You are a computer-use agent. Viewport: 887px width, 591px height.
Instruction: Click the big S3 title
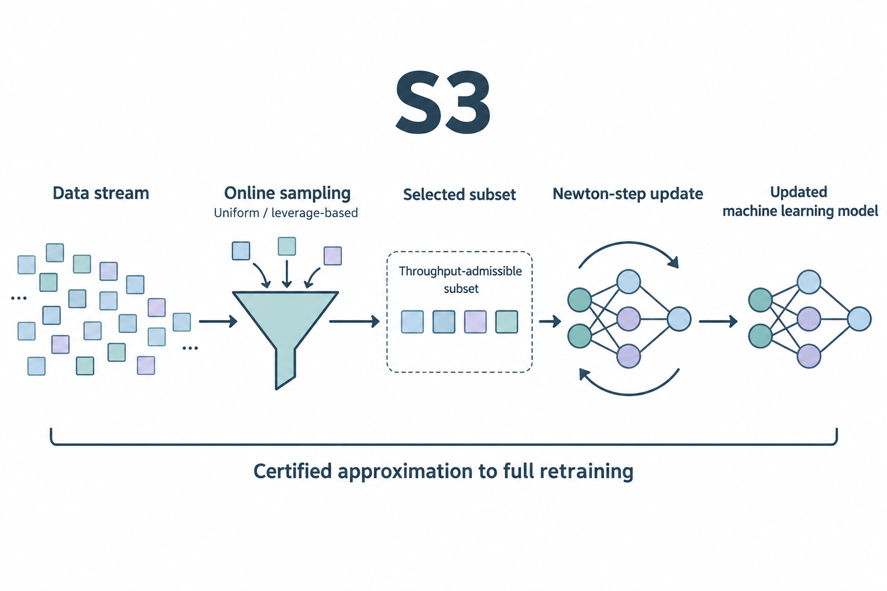(443, 103)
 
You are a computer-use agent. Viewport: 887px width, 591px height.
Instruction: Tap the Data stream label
(101, 193)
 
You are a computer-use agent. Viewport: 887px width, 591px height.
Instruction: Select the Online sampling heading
(288, 193)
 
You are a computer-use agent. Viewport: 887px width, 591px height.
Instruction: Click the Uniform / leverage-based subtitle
(285, 213)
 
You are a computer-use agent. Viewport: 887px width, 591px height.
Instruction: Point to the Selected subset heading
(459, 194)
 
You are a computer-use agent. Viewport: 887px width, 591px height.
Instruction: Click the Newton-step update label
(628, 194)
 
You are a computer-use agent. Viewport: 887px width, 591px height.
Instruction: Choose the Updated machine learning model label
(800, 201)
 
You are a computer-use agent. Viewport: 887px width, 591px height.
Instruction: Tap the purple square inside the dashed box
(475, 322)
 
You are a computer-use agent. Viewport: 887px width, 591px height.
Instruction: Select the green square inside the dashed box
(507, 322)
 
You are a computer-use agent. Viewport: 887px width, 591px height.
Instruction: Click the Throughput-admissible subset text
(460, 280)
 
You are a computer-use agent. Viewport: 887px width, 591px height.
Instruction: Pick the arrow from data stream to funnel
(218, 321)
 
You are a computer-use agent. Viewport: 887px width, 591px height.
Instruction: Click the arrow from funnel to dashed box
(355, 321)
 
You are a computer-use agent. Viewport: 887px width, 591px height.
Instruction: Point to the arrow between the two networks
(718, 321)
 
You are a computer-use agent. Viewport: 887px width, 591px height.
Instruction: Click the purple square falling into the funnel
(333, 256)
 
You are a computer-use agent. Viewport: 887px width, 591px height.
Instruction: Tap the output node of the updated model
(859, 319)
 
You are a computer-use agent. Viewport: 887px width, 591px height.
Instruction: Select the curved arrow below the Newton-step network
(629, 394)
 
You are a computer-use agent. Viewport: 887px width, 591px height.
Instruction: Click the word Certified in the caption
(293, 472)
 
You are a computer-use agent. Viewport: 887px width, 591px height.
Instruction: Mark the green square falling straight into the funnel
(286, 246)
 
